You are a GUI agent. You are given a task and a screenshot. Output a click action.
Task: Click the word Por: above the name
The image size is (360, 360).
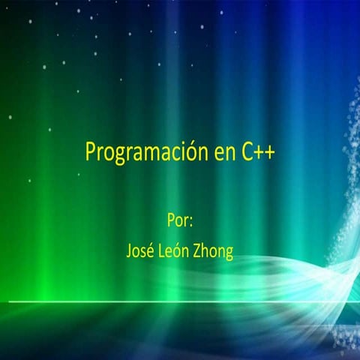click(180, 222)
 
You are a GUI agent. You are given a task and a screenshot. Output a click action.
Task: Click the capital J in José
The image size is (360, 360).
click(129, 251)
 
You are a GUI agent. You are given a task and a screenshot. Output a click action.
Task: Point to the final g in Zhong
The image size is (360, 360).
click(229, 253)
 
